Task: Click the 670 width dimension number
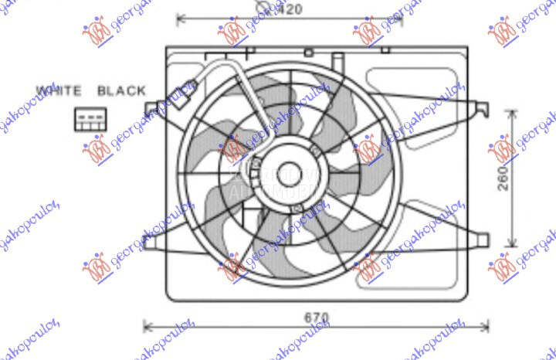point(315,318)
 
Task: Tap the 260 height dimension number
point(503,178)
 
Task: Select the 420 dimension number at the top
point(290,9)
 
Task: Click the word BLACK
point(121,90)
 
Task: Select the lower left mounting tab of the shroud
point(151,242)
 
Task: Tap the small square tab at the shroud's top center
point(308,52)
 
